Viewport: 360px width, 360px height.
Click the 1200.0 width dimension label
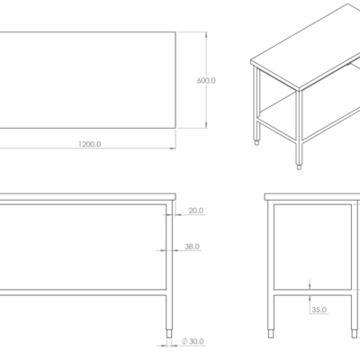89,144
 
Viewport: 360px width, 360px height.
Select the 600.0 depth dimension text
206,81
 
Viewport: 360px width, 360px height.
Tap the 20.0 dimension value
196,211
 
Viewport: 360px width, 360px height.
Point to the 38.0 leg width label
192,247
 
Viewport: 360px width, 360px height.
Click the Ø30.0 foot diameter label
193,341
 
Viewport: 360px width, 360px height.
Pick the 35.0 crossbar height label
319,310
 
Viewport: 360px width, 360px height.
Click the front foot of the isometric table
299,166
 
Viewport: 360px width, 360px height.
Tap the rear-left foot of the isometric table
256,142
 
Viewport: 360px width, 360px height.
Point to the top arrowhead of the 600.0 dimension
206,35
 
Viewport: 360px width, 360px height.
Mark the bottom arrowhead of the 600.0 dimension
206,125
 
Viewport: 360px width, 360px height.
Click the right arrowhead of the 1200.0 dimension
173,148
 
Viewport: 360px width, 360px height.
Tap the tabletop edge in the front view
88,197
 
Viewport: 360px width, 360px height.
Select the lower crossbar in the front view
83,292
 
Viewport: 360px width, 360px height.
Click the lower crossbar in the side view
312,292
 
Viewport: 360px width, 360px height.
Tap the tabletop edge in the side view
312,197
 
